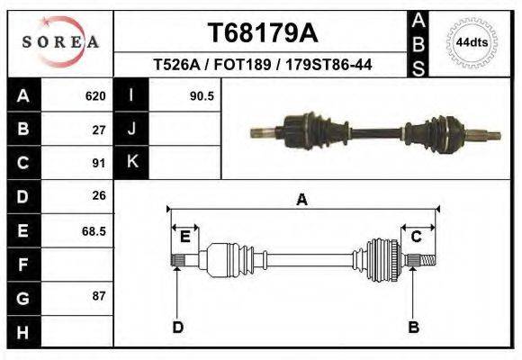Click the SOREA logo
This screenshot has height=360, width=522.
pyautogui.click(x=60, y=42)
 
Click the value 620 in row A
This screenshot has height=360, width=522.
pyautogui.click(x=94, y=95)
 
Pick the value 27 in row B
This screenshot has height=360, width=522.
pyautogui.click(x=99, y=129)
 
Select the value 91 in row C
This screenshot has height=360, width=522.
pyautogui.click(x=99, y=163)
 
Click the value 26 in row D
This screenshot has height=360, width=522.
pyautogui.click(x=99, y=195)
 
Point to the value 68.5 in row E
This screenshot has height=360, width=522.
pyautogui.click(x=94, y=230)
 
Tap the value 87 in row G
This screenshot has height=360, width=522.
pyautogui.click(x=99, y=295)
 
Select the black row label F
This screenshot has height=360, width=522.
pyautogui.click(x=22, y=265)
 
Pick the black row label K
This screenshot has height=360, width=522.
pyautogui.click(x=131, y=162)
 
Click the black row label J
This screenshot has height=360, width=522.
pyautogui.click(x=131, y=129)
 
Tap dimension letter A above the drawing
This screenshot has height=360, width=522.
pyautogui.click(x=301, y=200)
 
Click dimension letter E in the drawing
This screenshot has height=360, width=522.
pyautogui.click(x=184, y=237)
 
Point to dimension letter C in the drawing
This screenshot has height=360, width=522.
pyautogui.click(x=416, y=237)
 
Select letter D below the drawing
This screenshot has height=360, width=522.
pyautogui.click(x=177, y=327)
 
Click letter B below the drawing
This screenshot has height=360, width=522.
pyautogui.click(x=413, y=327)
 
